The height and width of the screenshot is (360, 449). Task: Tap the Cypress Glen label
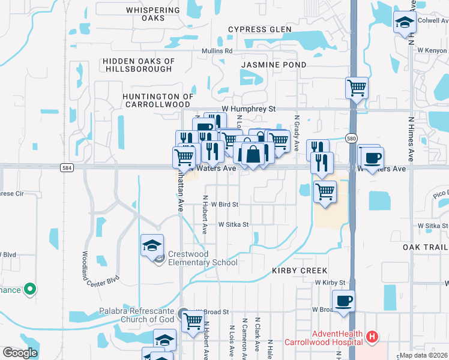pos(259,29)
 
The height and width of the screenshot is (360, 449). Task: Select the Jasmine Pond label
pos(274,64)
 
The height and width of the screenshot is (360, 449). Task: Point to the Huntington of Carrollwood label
pos(158,100)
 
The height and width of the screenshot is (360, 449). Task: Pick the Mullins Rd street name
pos(217,51)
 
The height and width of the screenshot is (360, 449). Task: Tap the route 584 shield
pos(67,169)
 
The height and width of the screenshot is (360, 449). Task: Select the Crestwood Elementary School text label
pos(203,258)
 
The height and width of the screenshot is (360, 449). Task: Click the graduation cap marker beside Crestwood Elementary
pos(152,245)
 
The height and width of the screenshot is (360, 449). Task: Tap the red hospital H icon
pos(372,337)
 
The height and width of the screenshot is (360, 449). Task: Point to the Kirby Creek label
pos(300,271)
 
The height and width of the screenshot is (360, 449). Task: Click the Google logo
pos(20,353)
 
